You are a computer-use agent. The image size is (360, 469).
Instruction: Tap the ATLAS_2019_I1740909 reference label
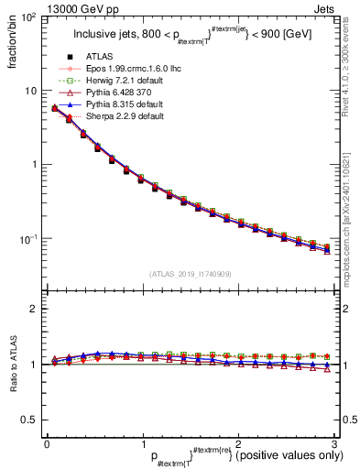(x=190, y=274)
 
